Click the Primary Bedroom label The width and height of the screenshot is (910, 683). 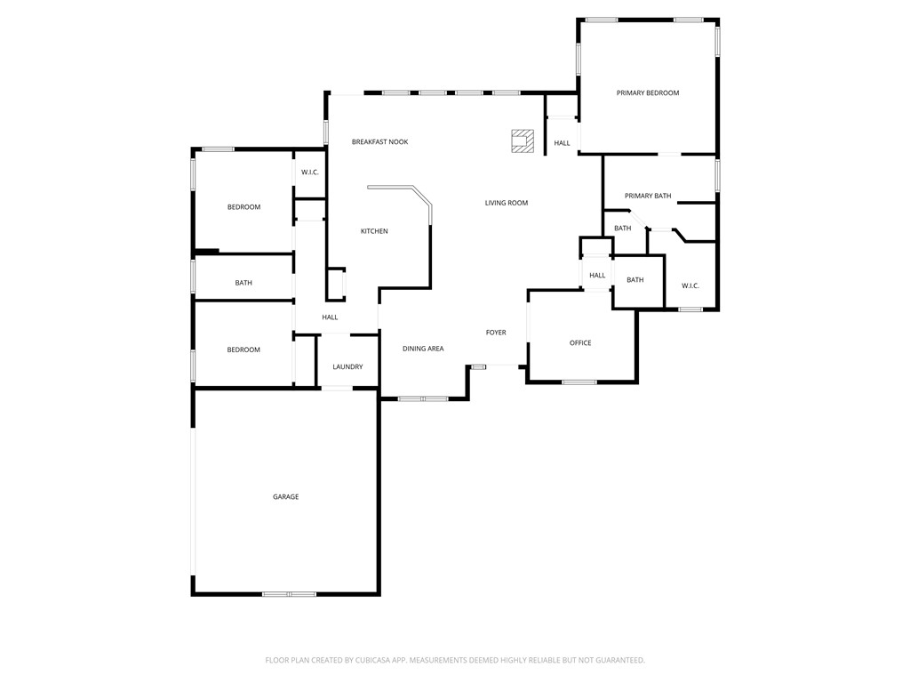648,92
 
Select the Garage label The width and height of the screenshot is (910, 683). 285,497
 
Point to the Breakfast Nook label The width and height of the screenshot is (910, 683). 379,142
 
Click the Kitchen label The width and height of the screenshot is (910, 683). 374,231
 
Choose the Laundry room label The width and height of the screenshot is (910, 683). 347,366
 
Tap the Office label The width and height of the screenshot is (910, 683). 580,343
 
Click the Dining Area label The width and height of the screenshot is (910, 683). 423,349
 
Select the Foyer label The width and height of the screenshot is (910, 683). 496,333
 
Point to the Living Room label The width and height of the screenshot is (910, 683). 507,203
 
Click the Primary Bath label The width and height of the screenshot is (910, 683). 648,196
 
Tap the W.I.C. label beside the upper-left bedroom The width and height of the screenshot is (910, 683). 309,173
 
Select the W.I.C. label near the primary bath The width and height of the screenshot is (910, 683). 690,285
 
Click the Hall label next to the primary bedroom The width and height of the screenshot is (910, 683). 563,143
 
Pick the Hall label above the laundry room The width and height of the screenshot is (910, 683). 330,317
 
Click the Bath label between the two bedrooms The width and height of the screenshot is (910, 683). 243,283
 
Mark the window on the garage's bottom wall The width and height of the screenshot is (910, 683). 289,593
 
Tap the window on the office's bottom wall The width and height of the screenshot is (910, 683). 579,382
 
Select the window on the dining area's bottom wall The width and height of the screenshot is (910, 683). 423,399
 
